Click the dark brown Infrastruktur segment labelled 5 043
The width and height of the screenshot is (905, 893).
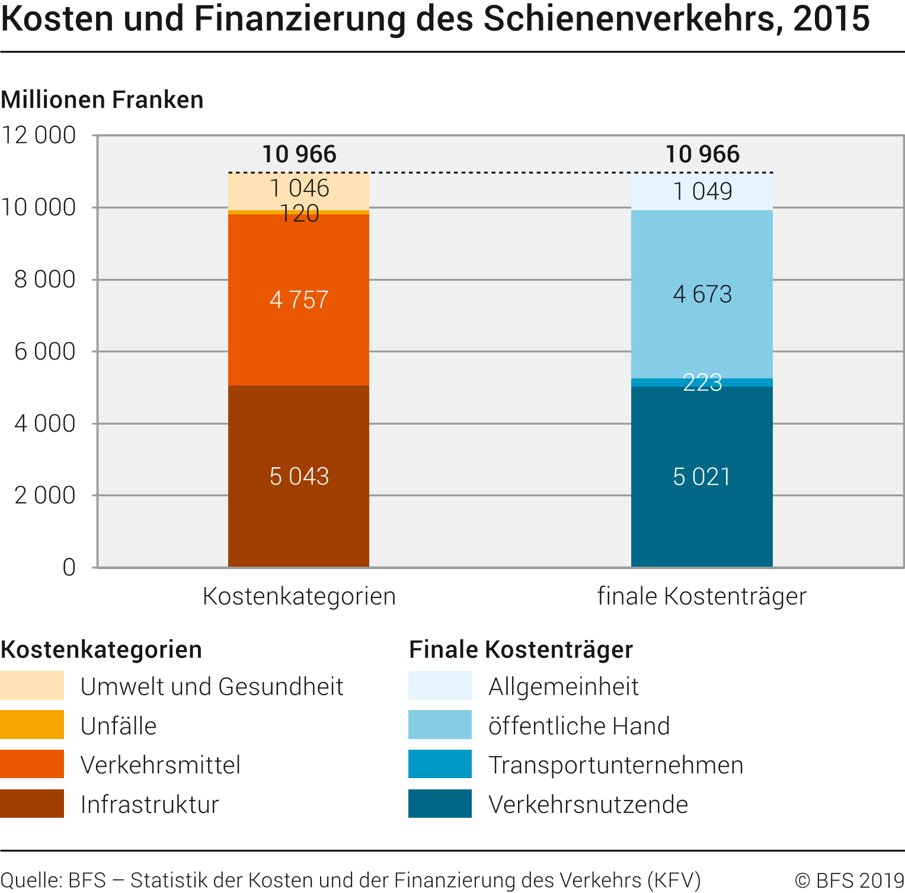pos(299,476)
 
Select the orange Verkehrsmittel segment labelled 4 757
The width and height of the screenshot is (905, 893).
pos(299,300)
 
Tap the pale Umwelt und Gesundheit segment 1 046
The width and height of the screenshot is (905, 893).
pos(299,190)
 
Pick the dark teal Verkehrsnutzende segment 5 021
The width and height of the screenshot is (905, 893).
pos(702,477)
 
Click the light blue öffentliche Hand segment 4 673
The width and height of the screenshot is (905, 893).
pos(702,294)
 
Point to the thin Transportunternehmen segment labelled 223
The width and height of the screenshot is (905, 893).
pos(702,383)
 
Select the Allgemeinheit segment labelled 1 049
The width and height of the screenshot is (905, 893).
pos(702,191)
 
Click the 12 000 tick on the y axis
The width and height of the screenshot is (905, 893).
pos(39,136)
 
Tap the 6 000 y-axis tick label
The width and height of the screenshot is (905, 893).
pos(45,352)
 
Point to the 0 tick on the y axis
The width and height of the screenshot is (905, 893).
pos(69,567)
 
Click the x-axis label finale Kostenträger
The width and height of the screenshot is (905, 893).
pos(702,596)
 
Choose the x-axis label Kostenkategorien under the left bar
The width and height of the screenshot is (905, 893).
pos(299,596)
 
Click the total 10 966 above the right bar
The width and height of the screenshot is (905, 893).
pos(702,155)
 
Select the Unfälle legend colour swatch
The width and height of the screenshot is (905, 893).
pos(32,725)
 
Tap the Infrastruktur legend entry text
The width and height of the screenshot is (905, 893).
pos(149,805)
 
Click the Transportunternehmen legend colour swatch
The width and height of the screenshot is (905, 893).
pos(440,764)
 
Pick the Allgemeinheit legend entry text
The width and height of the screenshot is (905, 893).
pos(563,687)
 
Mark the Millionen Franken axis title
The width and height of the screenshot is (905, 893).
pos(102,99)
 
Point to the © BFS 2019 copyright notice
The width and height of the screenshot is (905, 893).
pos(849,880)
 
